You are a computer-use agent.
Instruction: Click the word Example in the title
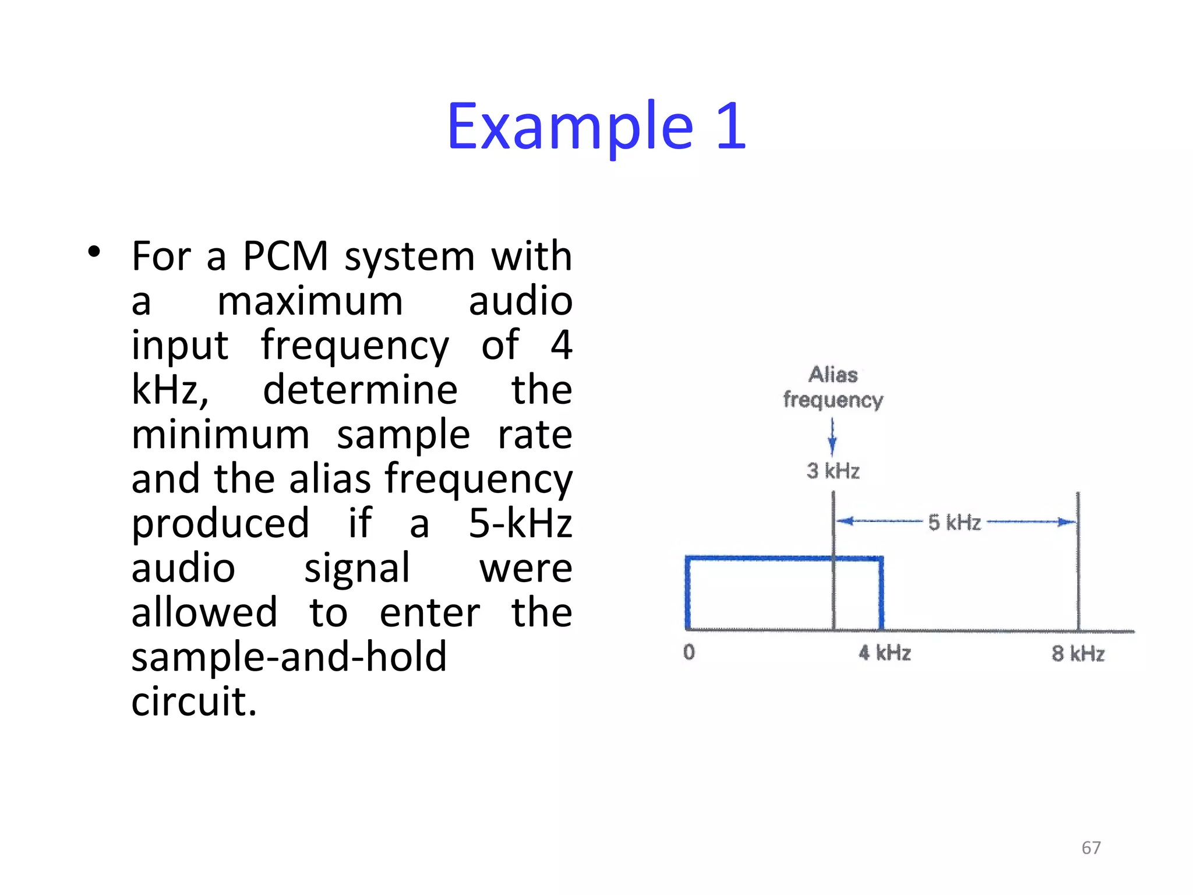570,127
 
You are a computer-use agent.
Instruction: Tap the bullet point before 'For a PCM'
93,252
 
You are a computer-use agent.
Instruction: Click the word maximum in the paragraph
310,302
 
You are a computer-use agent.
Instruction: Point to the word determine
360,390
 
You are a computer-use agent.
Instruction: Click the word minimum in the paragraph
220,435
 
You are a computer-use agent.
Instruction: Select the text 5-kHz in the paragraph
520,523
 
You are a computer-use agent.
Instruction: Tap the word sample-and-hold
289,657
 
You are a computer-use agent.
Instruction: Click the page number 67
1091,848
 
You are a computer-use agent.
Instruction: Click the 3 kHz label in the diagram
833,471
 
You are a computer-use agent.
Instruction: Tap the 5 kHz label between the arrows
955,523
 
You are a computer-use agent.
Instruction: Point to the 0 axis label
689,652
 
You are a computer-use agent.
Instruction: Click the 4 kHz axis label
884,653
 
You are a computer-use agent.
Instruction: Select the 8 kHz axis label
1078,654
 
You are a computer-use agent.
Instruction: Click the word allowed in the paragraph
204,612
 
